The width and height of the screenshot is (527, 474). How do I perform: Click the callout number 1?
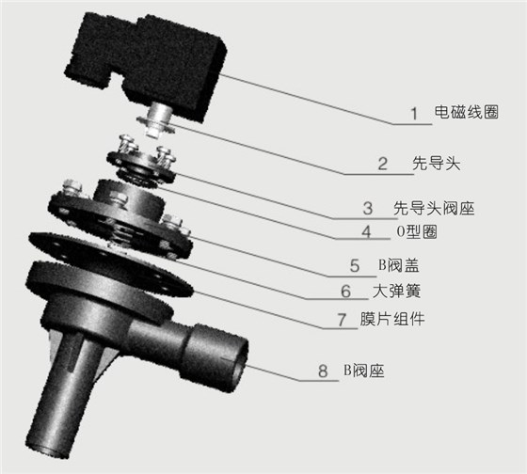413,114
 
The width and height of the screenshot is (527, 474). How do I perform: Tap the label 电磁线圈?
465,114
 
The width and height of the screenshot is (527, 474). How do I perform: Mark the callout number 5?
355,265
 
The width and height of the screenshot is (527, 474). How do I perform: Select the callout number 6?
346,292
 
